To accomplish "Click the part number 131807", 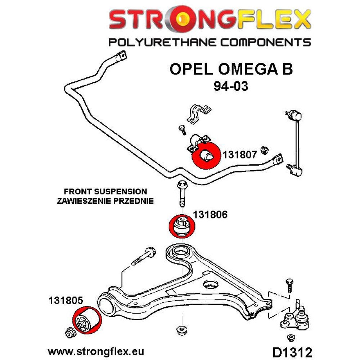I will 240,155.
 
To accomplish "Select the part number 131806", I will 211,215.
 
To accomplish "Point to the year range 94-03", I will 230,86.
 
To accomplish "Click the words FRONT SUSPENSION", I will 105,192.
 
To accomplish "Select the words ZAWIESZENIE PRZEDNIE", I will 105,201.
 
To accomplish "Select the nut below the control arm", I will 180,330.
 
